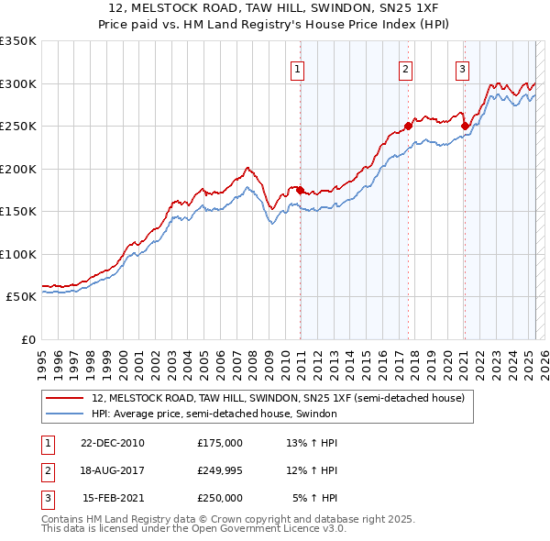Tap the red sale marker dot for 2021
(465, 126)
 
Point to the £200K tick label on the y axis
(18, 169)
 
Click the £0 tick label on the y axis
(27, 339)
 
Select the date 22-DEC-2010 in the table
(113, 442)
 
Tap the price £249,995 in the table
(220, 470)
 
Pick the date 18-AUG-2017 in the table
(113, 470)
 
